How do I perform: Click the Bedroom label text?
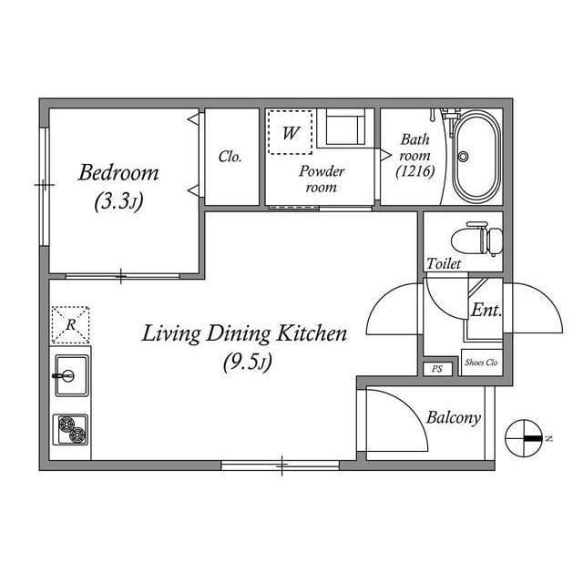118,172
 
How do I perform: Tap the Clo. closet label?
230,157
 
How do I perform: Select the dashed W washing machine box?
291,133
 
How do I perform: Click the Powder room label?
322,179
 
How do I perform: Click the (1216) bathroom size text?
415,170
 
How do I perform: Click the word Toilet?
444,264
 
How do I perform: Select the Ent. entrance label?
486,310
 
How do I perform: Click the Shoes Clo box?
480,362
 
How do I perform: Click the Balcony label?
453,418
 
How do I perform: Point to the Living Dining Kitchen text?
244,334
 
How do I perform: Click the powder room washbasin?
346,129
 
